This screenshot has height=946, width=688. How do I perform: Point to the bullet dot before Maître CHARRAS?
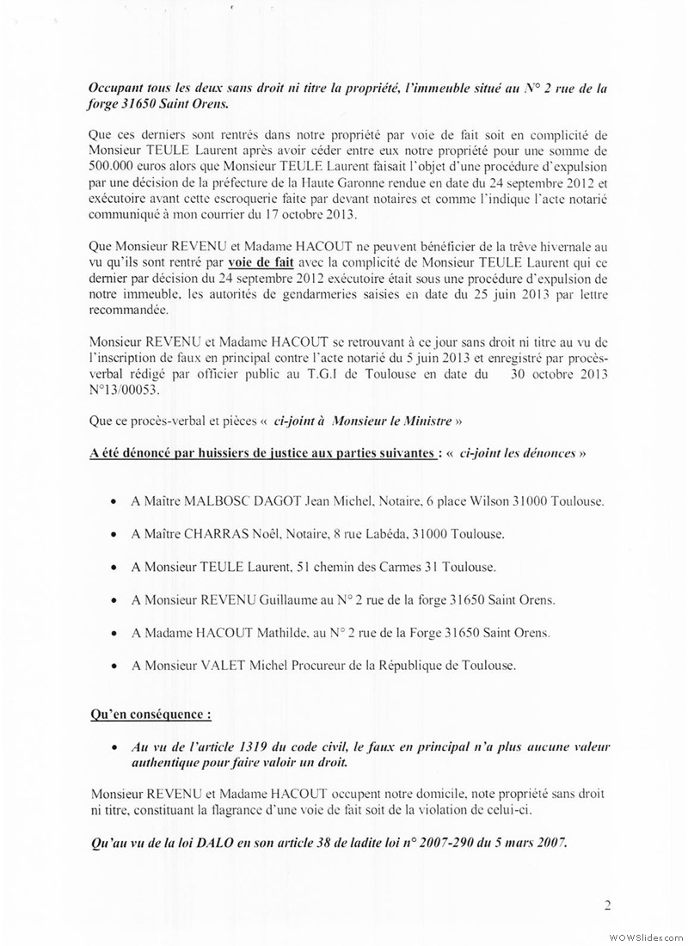(x=115, y=535)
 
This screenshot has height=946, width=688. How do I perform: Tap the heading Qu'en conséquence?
(x=150, y=715)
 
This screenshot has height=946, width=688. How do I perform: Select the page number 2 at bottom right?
(x=606, y=904)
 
